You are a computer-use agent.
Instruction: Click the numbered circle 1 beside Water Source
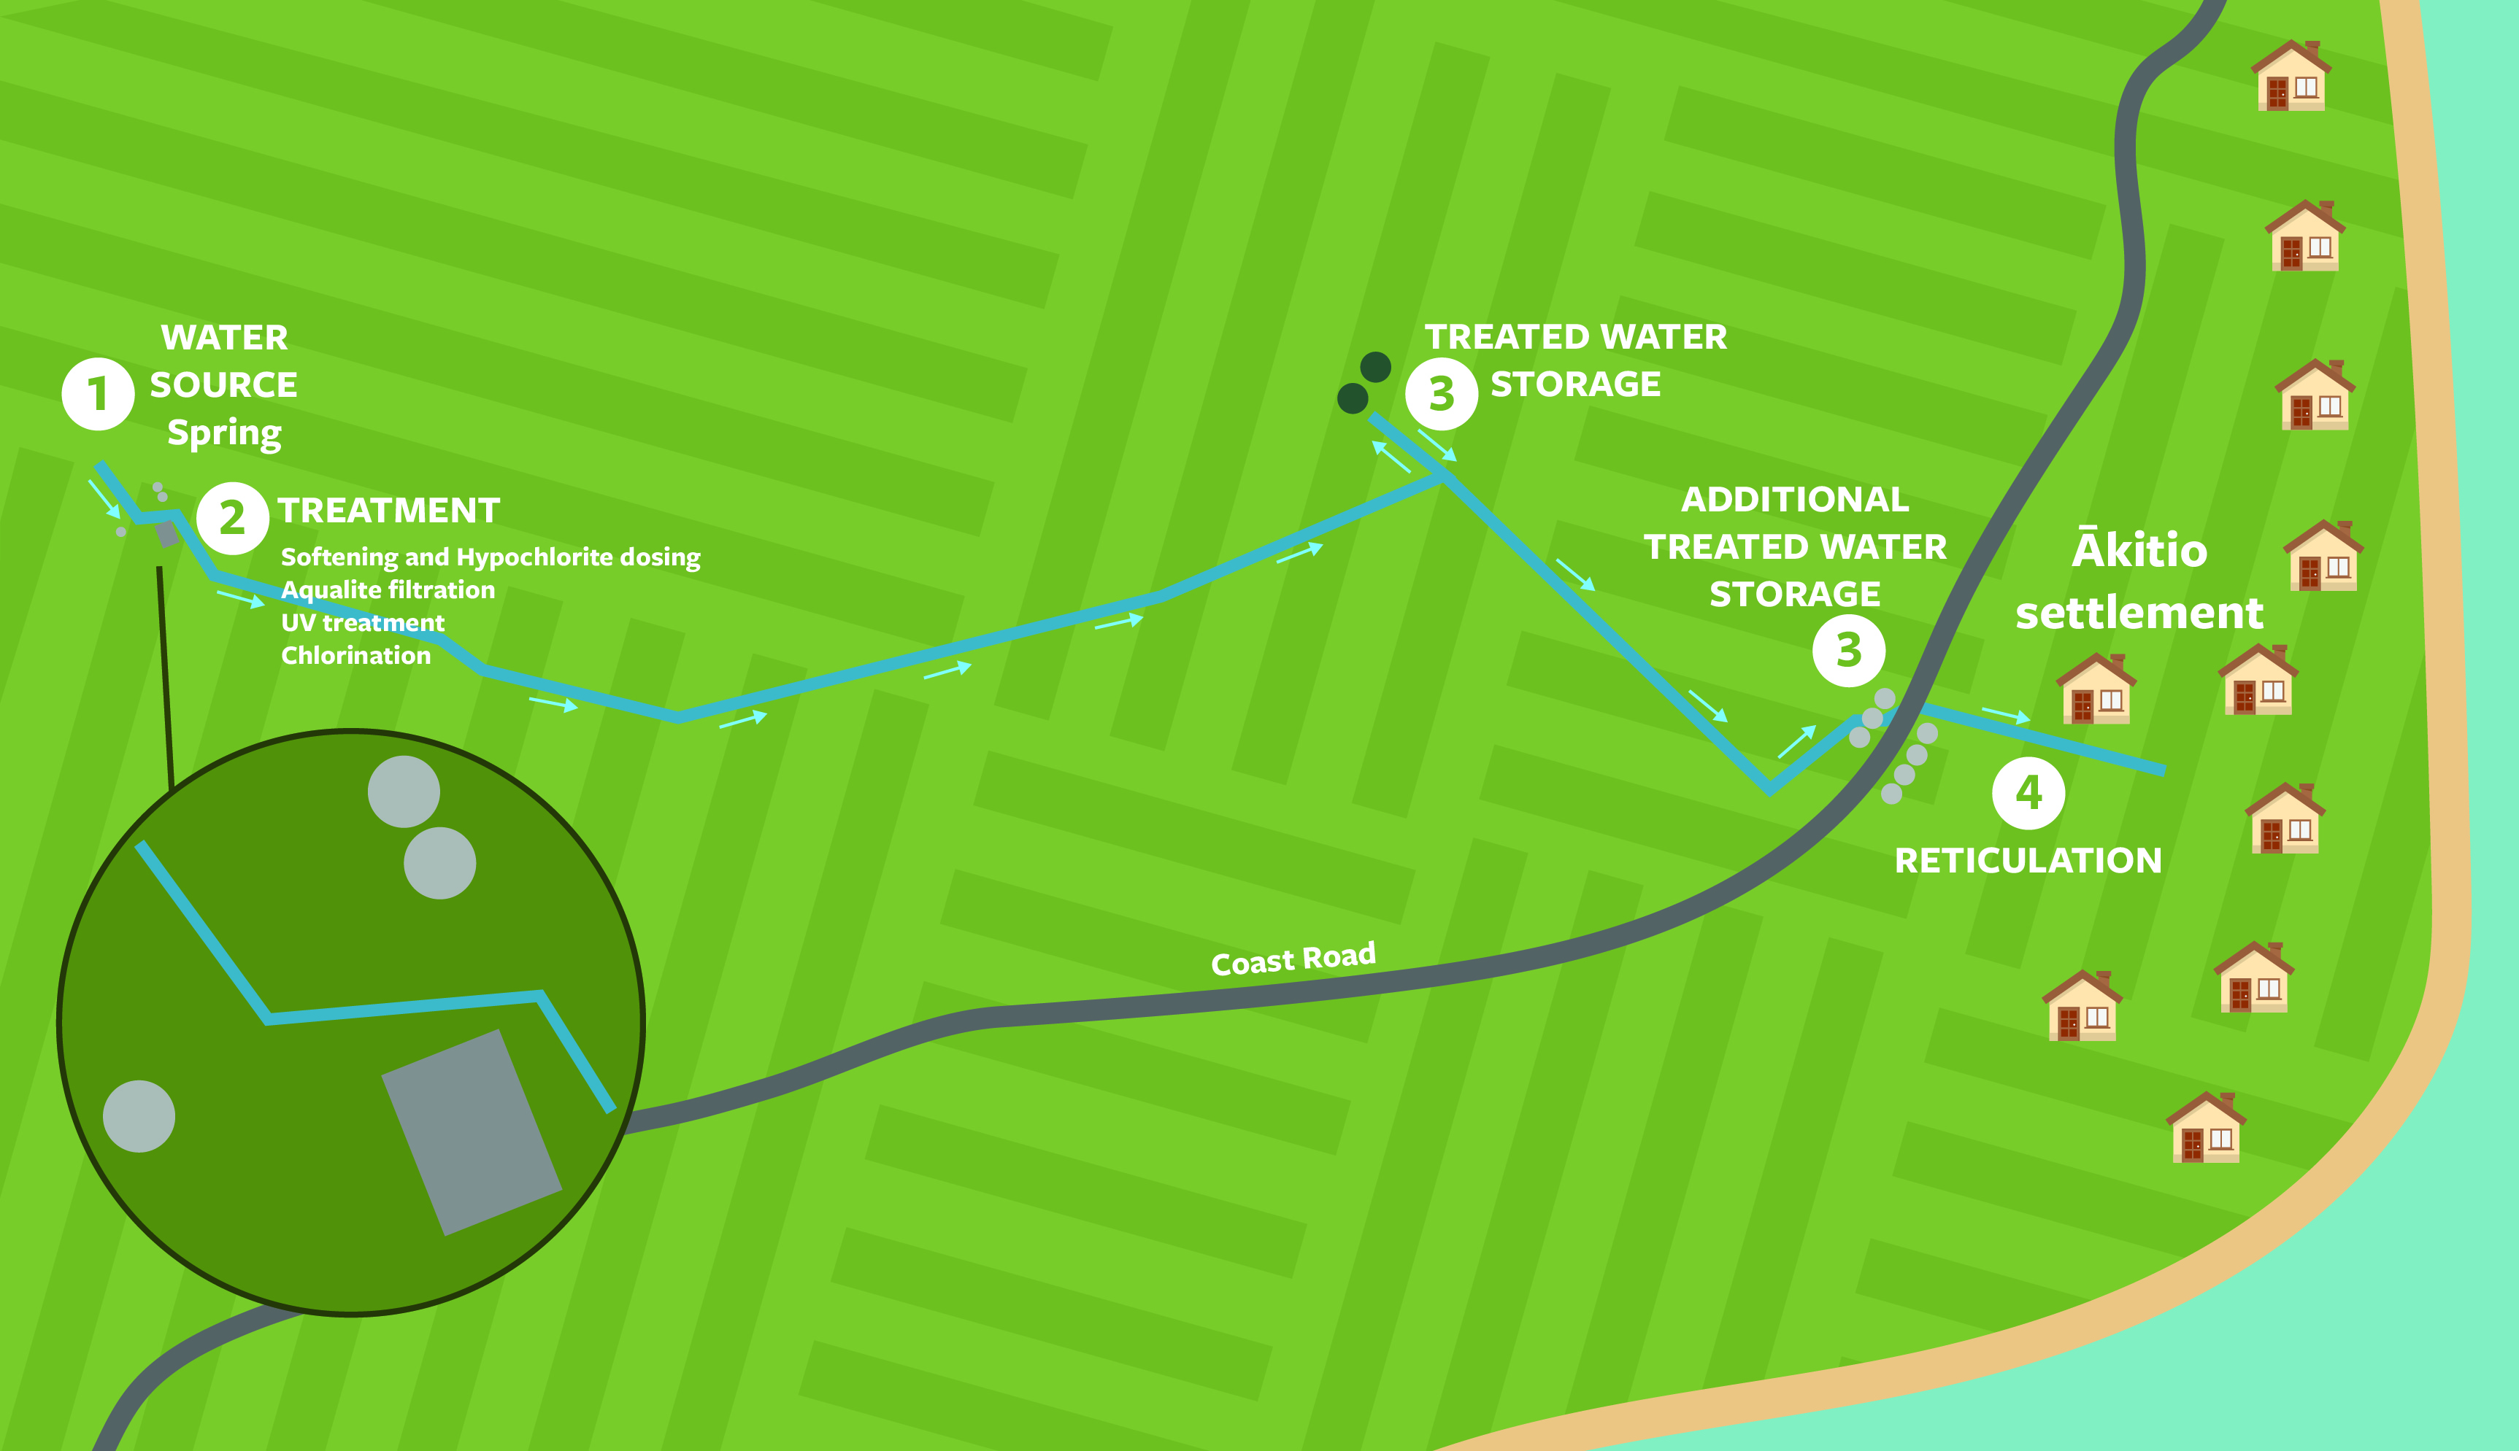(x=98, y=395)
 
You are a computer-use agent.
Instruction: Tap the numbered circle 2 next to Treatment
(x=232, y=518)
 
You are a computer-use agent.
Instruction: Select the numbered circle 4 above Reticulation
(x=2028, y=793)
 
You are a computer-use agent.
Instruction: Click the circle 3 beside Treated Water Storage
(x=1442, y=395)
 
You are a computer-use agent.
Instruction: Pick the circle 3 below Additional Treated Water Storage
(x=1848, y=651)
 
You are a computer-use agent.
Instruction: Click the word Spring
(x=224, y=433)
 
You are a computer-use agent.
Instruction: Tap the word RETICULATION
(x=2028, y=861)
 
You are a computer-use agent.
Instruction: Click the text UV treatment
(x=363, y=623)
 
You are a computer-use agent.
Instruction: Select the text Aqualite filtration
(x=388, y=590)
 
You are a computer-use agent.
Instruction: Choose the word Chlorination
(x=356, y=656)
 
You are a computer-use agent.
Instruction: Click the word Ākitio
(x=2139, y=550)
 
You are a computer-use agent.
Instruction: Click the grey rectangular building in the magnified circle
(x=472, y=1132)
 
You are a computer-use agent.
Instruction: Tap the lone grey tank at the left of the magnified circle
(x=139, y=1116)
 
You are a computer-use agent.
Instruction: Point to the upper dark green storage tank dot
(x=1376, y=367)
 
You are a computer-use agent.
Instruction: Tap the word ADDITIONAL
(x=1794, y=499)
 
